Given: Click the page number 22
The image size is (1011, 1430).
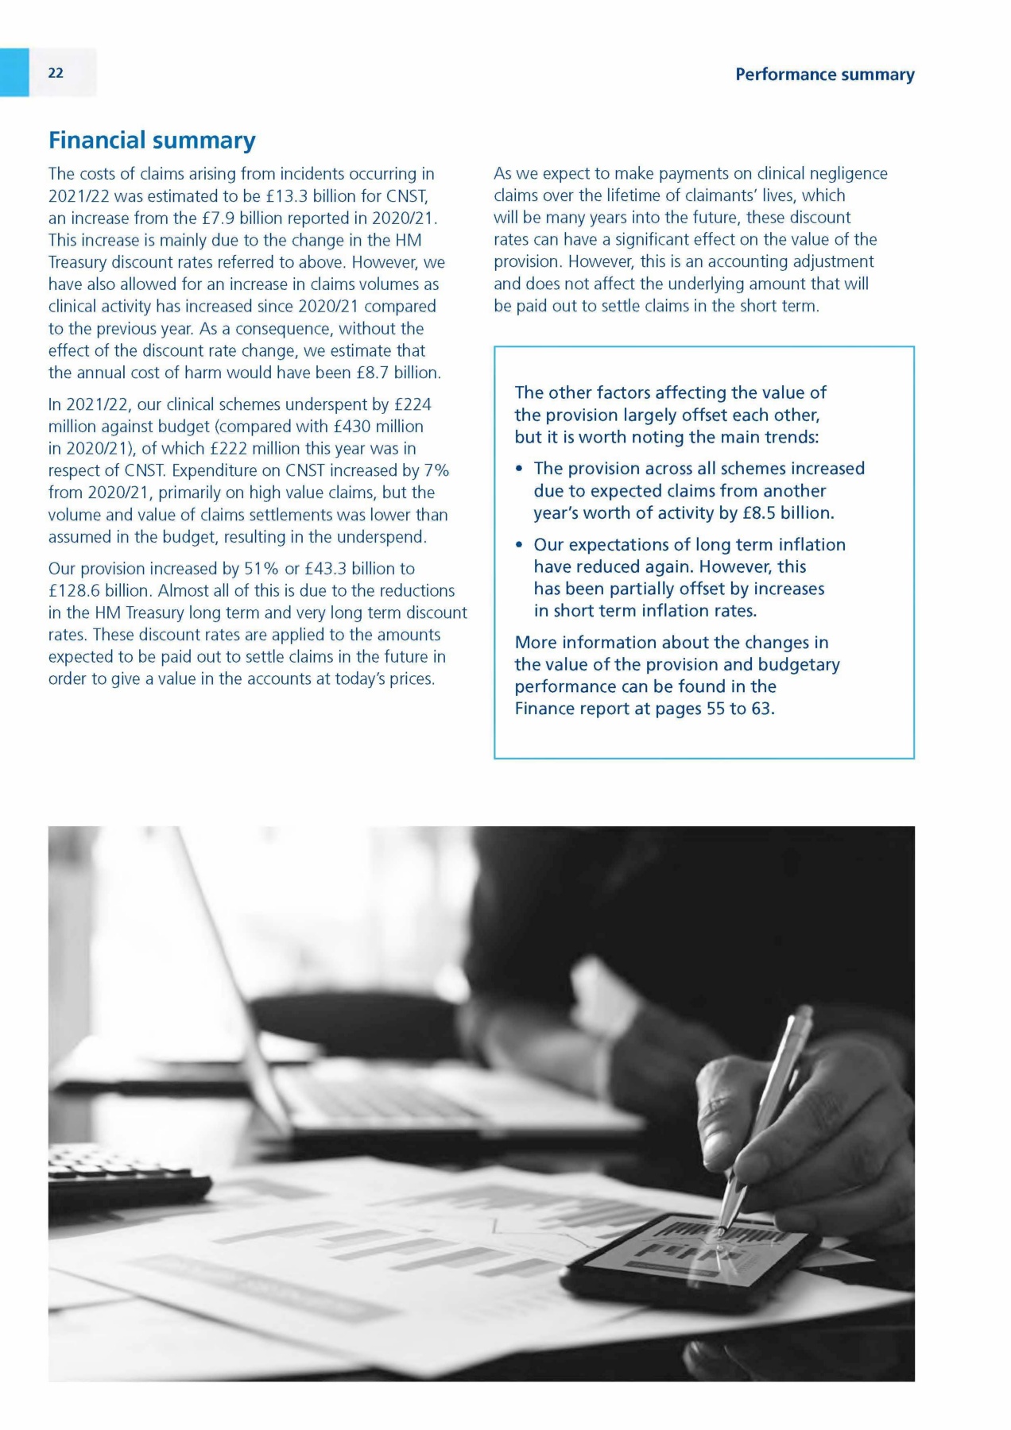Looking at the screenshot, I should tap(56, 73).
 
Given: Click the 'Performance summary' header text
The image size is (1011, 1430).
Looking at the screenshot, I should tap(824, 75).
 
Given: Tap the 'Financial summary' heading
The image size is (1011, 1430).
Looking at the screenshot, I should tap(152, 141).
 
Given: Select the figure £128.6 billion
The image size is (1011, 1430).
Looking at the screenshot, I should tap(99, 591).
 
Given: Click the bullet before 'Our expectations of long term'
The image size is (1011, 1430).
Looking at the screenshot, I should tap(519, 546).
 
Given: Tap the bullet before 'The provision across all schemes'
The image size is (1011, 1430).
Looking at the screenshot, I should tap(519, 470).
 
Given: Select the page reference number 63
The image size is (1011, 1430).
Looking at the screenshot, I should tap(761, 709).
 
